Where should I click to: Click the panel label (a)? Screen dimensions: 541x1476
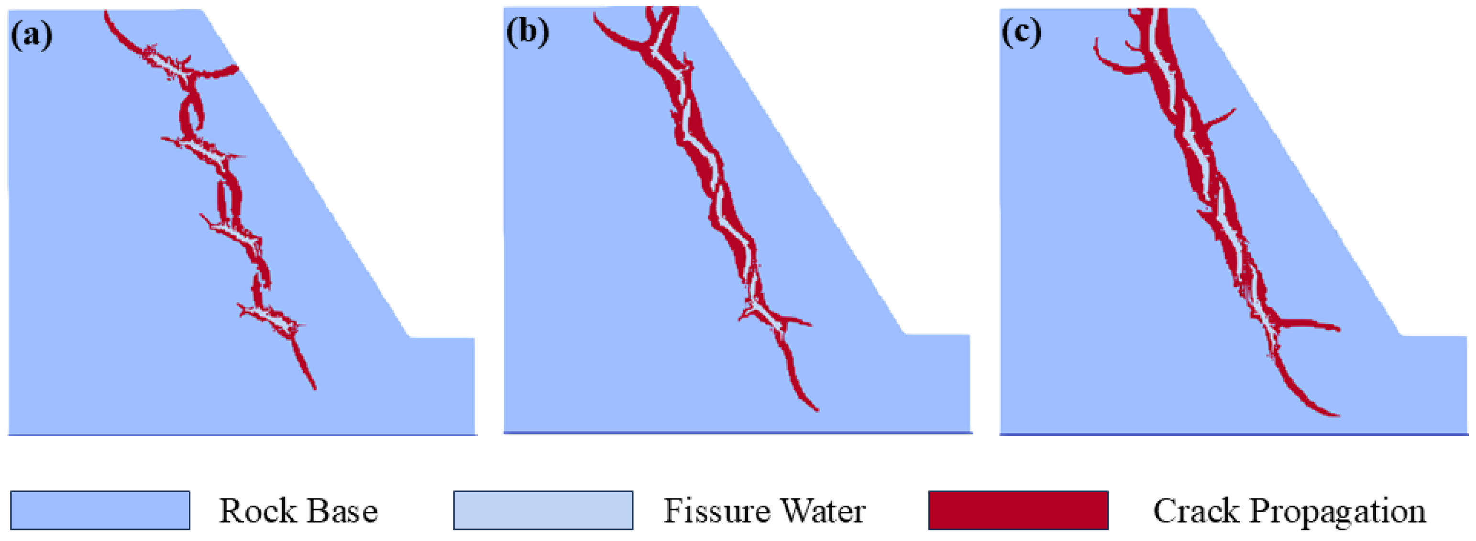[32, 35]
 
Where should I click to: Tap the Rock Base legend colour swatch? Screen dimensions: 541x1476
[100, 509]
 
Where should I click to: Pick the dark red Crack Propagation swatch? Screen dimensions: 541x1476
[1018, 509]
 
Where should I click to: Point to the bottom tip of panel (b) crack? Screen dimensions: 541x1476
[816, 409]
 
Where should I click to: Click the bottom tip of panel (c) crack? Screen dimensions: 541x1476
[1336, 414]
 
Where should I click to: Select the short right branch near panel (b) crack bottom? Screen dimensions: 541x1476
[799, 321]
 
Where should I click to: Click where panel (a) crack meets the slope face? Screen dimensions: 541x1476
[234, 69]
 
